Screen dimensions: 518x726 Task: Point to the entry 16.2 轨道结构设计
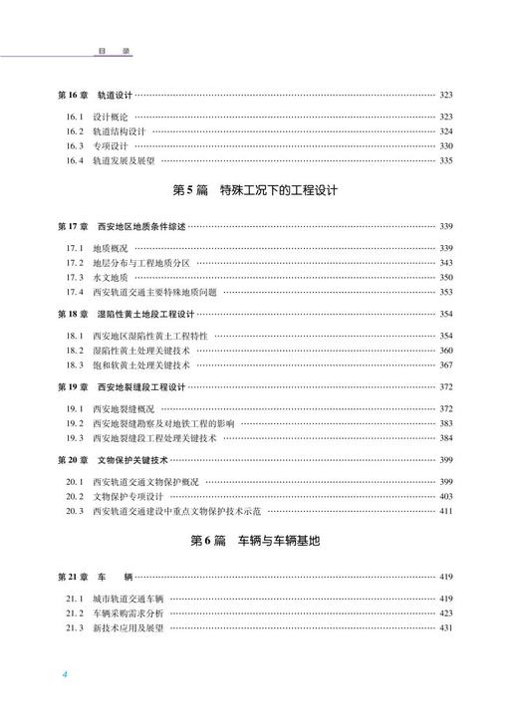[x=105, y=131]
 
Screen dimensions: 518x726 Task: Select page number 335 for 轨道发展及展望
[x=446, y=160]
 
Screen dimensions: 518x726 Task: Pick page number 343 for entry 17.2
[x=446, y=263]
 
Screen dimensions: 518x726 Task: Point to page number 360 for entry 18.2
[x=446, y=351]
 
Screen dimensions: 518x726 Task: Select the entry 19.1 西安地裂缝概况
[x=111, y=408]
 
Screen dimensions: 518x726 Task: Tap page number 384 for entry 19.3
[x=446, y=437]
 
